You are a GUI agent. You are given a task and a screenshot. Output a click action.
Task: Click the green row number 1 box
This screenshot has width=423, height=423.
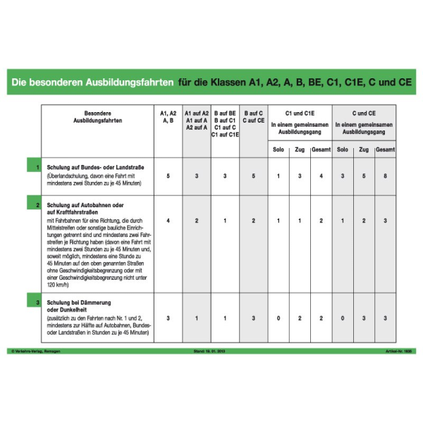click(x=37, y=167)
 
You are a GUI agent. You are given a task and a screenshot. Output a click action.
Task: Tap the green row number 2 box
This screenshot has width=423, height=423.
click(x=37, y=204)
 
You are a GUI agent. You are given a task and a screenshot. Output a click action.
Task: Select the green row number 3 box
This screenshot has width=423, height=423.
click(x=37, y=302)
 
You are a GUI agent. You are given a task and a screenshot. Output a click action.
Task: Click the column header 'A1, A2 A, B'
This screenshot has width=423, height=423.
click(x=168, y=117)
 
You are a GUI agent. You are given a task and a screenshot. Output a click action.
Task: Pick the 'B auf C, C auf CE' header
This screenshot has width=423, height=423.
click(x=253, y=117)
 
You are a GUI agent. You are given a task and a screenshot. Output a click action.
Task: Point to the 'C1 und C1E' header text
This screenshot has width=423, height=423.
click(x=300, y=113)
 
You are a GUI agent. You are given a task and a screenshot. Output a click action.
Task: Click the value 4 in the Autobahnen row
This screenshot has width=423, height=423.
click(x=168, y=221)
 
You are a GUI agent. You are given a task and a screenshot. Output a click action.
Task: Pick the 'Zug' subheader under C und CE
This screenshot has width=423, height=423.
click(x=363, y=149)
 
